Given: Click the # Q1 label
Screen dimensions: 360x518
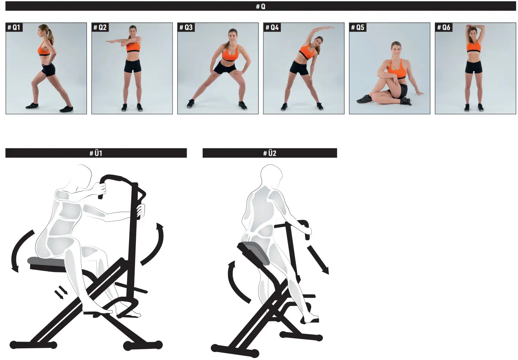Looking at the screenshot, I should point(14,27).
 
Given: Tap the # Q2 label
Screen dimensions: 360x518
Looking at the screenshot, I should point(100,27).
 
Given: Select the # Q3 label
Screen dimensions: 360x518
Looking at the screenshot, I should point(186,27).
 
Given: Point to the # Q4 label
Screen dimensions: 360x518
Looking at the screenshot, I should point(272,27).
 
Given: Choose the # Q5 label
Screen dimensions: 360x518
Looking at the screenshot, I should point(358,27).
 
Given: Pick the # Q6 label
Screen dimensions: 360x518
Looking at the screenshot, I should point(444,27).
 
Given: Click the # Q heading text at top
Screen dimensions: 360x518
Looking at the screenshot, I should point(261,6).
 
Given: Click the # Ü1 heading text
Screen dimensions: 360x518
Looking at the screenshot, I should point(96,153).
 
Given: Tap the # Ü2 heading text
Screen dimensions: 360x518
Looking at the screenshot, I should point(270,153).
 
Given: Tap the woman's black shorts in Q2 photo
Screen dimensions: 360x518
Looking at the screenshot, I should point(132,66).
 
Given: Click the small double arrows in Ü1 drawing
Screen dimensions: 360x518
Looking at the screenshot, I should point(61,293).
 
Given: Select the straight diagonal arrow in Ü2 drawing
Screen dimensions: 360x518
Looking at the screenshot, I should point(318,260).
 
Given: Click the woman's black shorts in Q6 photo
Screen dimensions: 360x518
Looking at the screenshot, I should point(474,67).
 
